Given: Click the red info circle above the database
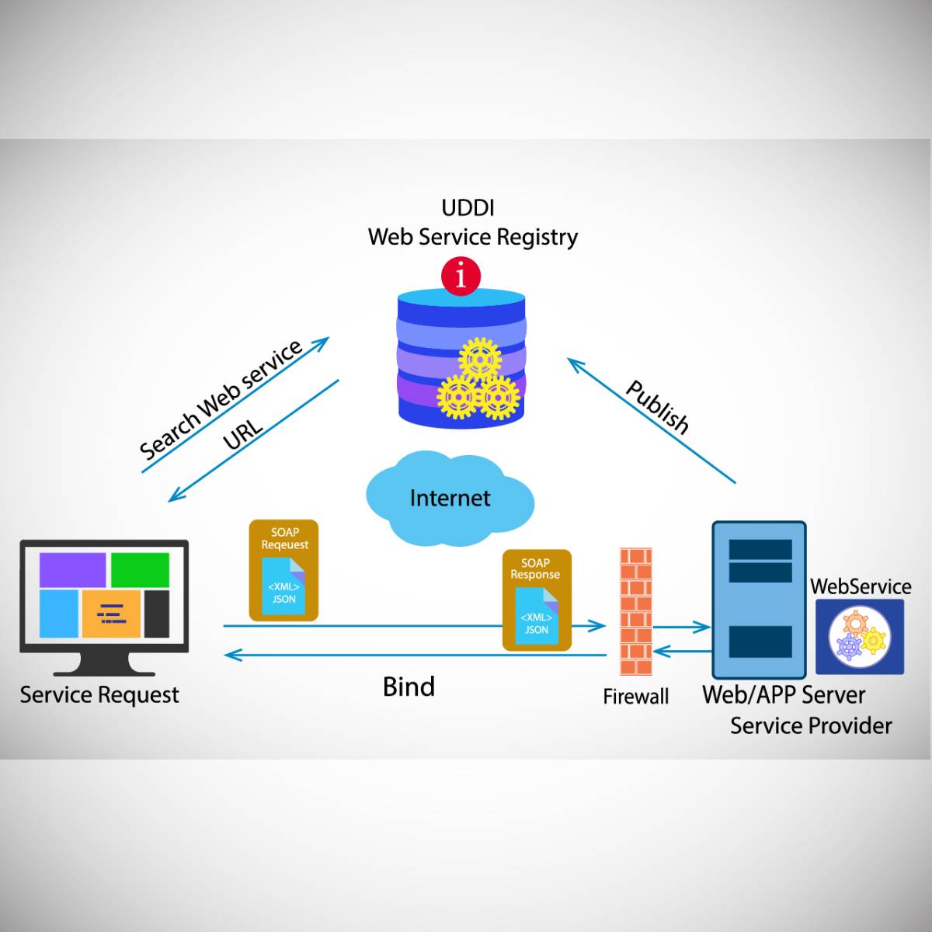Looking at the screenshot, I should pos(461,276).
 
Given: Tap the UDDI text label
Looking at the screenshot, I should pos(468,208).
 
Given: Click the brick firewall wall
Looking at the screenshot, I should pos(635,611).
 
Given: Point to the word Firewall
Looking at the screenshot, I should pos(635,697).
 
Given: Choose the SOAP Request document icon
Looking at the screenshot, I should pos(283,570).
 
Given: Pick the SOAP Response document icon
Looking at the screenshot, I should pos(536,600).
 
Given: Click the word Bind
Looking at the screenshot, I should pos(409,687).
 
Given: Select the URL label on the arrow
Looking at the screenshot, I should pos(243,436).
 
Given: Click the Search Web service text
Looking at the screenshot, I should pos(221,399).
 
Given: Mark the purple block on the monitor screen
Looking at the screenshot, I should pos(73,570).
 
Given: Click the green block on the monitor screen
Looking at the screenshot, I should pos(140,570).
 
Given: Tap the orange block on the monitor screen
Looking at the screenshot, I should pos(111,614).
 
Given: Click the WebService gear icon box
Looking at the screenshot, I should pos(860,636).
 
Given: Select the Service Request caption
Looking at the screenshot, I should pos(99,695).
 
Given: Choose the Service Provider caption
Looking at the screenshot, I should pos(811,726).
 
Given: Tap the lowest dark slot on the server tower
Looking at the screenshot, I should pos(760,642).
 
